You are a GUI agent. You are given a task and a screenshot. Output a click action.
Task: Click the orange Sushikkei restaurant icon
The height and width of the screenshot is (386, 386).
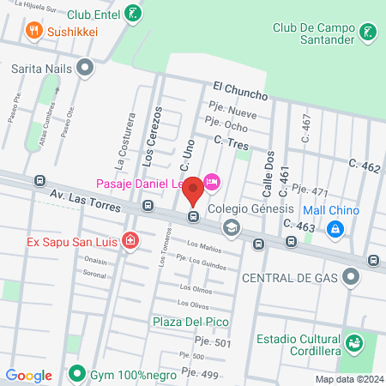pyautogui.click(x=34, y=32)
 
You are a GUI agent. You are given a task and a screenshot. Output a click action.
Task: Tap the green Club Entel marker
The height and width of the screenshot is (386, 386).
pyautogui.click(x=132, y=13)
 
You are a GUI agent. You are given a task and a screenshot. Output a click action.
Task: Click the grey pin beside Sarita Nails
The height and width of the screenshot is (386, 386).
pyautogui.click(x=85, y=66)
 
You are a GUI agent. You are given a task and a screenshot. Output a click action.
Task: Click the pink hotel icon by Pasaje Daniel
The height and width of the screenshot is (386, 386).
pyautogui.click(x=213, y=181)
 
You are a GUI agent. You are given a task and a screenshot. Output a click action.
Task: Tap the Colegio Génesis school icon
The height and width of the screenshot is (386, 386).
pyautogui.click(x=231, y=227)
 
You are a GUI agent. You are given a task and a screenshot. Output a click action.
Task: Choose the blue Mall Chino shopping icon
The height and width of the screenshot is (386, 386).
pyautogui.click(x=336, y=229)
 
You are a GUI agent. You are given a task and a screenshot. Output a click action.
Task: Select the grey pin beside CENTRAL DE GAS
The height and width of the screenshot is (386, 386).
pyautogui.click(x=350, y=277)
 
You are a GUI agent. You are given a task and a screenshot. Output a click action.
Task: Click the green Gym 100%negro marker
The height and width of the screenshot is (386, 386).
pyautogui.click(x=76, y=374)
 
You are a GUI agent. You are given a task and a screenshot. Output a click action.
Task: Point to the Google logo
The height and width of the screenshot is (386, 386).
pyautogui.click(x=29, y=375)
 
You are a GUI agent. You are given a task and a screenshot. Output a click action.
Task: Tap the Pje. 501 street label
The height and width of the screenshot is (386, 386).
pyautogui.click(x=214, y=343)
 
